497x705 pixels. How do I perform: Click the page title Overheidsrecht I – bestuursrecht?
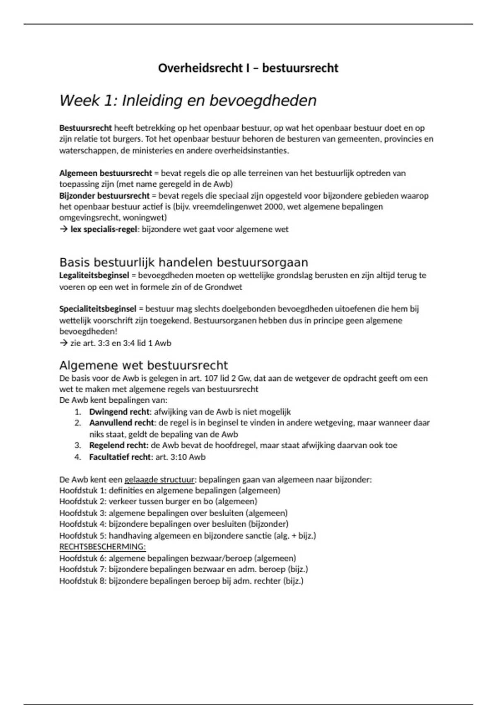coord(248,68)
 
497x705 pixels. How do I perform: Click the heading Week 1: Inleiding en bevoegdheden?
coord(188,101)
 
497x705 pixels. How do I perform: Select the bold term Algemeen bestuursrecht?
coord(106,173)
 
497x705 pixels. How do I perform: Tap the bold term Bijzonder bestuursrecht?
coord(104,195)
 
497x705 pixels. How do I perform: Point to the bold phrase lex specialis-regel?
coord(104,229)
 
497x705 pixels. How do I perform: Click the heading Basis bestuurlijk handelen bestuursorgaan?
coord(183,263)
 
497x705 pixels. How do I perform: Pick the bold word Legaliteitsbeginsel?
coord(94,275)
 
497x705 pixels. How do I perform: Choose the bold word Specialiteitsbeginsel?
coord(98,309)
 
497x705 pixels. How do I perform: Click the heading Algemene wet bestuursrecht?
coord(143,365)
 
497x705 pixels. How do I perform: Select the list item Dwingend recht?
coord(119,412)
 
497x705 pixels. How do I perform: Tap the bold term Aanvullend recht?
coord(122,423)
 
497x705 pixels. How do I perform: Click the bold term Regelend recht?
coord(118,445)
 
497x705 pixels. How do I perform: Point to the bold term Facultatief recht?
coord(120,457)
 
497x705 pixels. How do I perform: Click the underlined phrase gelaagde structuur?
coord(159,480)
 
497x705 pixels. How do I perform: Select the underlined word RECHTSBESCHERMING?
coord(102,547)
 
